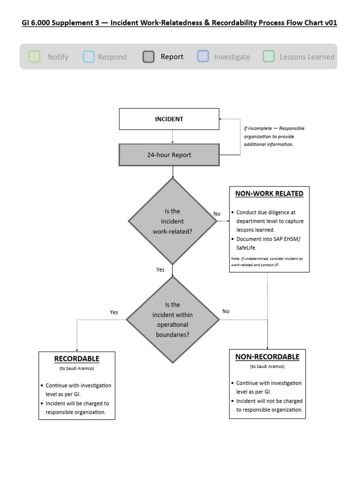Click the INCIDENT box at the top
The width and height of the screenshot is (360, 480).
(x=169, y=119)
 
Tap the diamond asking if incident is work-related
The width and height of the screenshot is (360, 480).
(x=173, y=221)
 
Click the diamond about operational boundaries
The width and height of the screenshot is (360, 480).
(x=172, y=320)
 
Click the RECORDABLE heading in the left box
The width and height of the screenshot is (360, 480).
(x=77, y=359)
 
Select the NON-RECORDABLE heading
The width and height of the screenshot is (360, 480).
(x=267, y=357)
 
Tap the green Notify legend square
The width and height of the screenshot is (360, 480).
(x=34, y=57)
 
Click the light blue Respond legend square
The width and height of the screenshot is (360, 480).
(x=89, y=57)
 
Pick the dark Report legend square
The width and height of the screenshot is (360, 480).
(x=149, y=57)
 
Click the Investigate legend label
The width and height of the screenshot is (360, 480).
(x=232, y=57)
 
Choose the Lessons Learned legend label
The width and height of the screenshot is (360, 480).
(x=307, y=57)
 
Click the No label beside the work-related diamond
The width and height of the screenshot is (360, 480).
(x=217, y=214)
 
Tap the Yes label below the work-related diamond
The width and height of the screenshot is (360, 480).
(x=160, y=270)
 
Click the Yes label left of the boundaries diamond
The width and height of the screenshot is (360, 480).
(x=114, y=312)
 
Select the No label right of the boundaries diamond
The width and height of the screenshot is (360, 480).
(x=226, y=311)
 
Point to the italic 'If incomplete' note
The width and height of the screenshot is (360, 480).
(x=274, y=136)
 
